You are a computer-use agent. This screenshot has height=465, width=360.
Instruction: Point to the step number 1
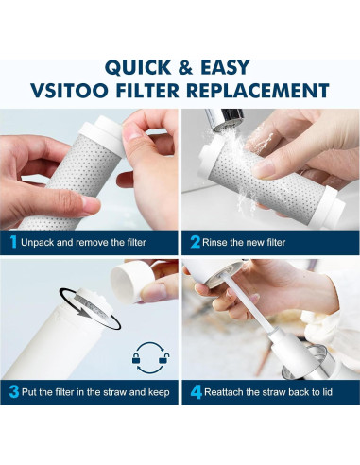[x=13, y=242]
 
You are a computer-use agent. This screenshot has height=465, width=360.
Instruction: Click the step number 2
[x=193, y=242]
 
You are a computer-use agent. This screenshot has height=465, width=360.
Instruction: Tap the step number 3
[x=13, y=390]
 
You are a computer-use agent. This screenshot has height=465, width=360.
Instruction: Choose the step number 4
[x=193, y=390]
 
